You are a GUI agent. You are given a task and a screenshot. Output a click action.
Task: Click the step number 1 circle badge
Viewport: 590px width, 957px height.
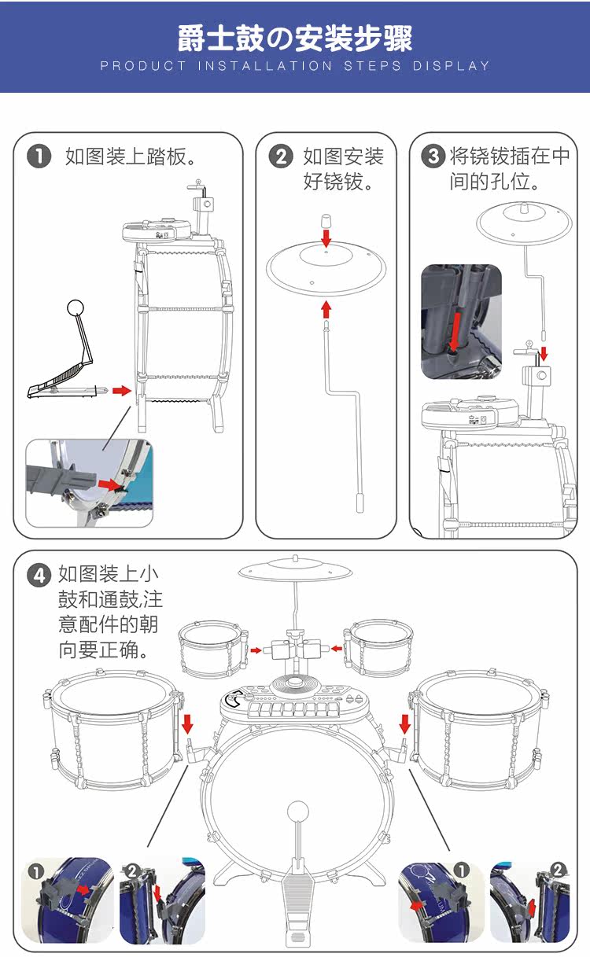pyautogui.click(x=39, y=156)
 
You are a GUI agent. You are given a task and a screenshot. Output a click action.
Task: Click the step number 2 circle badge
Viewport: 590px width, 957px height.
pyautogui.click(x=281, y=156)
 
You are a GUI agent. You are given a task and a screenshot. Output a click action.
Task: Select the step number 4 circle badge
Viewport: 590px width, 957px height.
pyautogui.click(x=39, y=575)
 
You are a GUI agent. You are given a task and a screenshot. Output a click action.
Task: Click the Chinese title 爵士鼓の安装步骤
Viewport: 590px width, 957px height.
pyautogui.click(x=295, y=37)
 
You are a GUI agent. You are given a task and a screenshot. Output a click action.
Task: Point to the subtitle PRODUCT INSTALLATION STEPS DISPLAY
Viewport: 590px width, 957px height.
pyautogui.click(x=295, y=66)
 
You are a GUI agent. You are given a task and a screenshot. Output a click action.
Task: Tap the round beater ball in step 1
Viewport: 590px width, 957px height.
pyautogui.click(x=76, y=307)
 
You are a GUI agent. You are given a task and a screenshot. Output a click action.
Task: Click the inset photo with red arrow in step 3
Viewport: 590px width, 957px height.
pyautogui.click(x=461, y=321)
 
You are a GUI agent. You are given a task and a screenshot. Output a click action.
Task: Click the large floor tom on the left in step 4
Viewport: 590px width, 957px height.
pyautogui.click(x=110, y=727)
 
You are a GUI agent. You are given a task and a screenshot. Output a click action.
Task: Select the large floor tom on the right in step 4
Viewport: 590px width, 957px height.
pyautogui.click(x=480, y=727)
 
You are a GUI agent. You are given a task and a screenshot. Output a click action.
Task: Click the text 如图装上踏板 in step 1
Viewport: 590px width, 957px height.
pyautogui.click(x=131, y=156)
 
